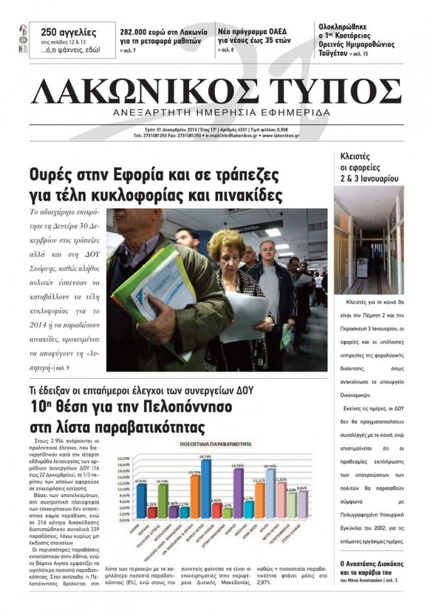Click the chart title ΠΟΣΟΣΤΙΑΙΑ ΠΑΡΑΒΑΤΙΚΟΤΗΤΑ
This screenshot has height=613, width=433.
[211, 445]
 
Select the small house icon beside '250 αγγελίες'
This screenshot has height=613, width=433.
[24, 32]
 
